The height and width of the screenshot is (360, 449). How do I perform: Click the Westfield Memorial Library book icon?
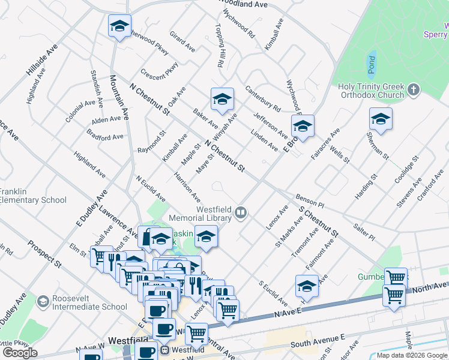click(240, 211)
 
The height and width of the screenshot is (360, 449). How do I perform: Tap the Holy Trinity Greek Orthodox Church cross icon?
click(412, 91)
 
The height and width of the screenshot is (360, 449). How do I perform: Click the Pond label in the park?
click(372, 62)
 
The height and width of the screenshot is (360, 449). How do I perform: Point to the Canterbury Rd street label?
click(263, 99)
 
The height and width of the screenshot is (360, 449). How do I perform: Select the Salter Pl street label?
click(364, 233)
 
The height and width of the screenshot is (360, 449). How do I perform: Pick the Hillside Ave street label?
click(42, 59)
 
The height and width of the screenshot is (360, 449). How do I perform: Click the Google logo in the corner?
click(20, 353)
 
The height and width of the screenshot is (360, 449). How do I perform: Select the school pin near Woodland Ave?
click(119, 26)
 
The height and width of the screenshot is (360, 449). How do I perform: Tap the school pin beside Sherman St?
click(381, 119)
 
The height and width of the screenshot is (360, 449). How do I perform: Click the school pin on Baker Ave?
click(222, 99)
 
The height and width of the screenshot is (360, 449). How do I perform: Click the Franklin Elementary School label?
click(33, 196)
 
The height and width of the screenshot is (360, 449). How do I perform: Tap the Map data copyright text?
click(412, 355)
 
